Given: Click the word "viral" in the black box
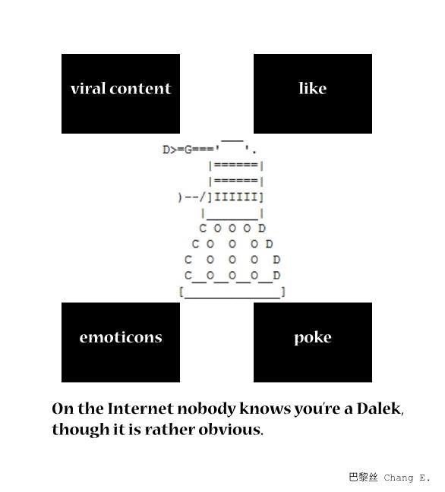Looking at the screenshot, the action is click(88, 88).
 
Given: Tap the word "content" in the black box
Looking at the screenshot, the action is click(140, 89).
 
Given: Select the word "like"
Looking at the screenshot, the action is click(313, 88).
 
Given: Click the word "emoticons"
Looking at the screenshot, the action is click(121, 338).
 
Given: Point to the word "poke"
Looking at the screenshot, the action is click(313, 339).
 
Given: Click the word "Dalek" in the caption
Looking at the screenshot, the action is click(380, 408).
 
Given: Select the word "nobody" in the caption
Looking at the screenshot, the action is click(207, 408).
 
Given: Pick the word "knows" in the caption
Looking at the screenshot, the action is click(265, 408).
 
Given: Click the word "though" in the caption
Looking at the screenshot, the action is click(80, 430).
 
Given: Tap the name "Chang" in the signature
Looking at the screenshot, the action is click(399, 478).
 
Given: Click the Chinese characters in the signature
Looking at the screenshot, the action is click(363, 478).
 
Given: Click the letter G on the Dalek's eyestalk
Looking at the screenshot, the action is click(188, 150).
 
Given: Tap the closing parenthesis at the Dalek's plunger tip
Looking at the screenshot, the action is click(180, 197).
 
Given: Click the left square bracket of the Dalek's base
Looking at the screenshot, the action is click(181, 292).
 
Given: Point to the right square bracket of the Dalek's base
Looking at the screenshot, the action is click(283, 292).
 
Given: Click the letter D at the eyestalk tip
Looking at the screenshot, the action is click(166, 150).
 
